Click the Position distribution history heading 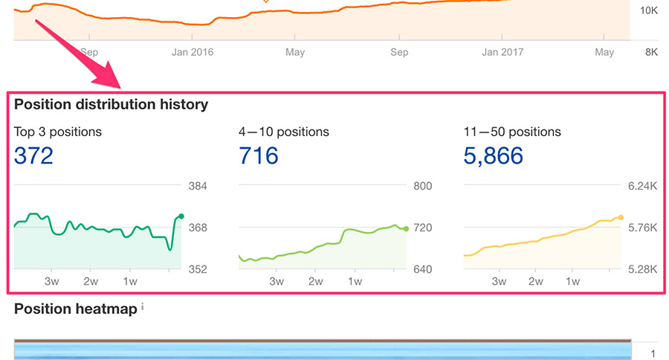click(x=111, y=104)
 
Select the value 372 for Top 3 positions click(x=33, y=156)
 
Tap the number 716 click(x=258, y=156)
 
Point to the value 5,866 click(x=493, y=156)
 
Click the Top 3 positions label click(x=58, y=132)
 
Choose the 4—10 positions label click(x=283, y=132)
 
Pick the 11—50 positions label click(x=511, y=132)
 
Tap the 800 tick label click(x=422, y=186)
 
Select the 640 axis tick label click(x=422, y=269)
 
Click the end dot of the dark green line click(x=181, y=216)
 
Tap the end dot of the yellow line click(x=621, y=217)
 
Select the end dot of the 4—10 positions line click(x=406, y=228)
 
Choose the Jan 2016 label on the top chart click(x=193, y=52)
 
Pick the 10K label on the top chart click(x=648, y=10)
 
